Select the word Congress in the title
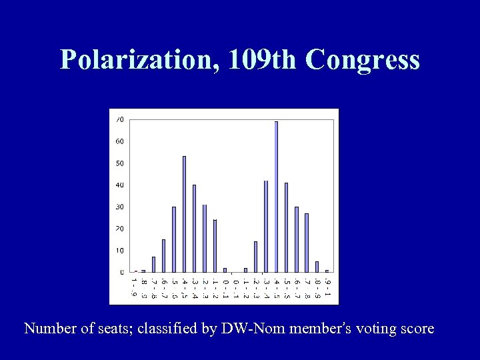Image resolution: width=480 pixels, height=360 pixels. [363, 60]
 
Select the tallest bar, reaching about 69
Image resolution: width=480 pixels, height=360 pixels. [276, 197]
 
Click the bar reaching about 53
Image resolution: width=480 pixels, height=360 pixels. [184, 214]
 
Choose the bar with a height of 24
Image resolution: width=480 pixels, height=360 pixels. [215, 246]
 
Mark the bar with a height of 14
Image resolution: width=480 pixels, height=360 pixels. [255, 257]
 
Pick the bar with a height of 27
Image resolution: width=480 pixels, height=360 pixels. [307, 243]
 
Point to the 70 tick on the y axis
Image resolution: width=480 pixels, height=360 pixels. [120, 119]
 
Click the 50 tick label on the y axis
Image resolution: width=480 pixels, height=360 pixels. [120, 163]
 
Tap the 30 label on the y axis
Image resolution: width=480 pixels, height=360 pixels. [120, 207]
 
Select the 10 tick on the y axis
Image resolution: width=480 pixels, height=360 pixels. [120, 251]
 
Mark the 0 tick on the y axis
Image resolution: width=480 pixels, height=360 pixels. [121, 272]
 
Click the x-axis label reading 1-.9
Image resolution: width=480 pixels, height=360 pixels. [133, 288]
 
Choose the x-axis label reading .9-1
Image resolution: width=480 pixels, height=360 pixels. [327, 288]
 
